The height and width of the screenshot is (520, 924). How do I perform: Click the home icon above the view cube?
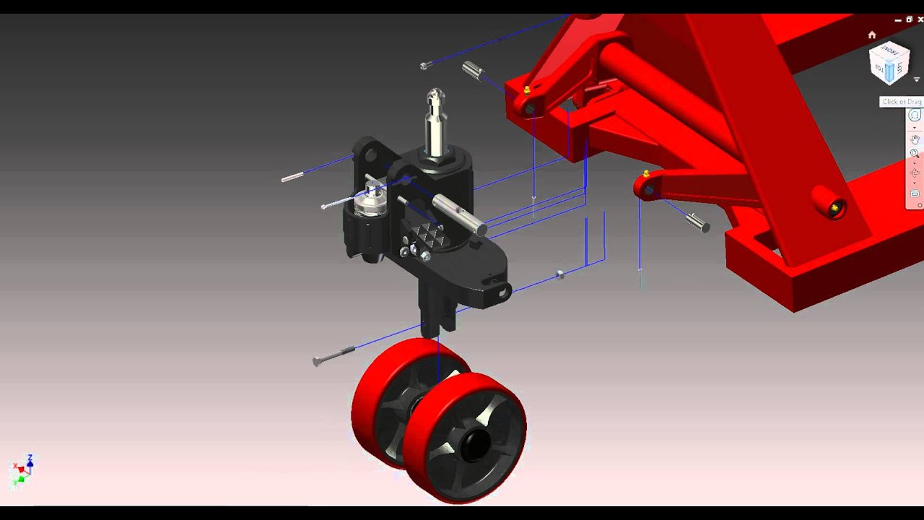(x=872, y=35)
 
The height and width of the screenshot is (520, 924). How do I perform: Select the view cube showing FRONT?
(x=889, y=64)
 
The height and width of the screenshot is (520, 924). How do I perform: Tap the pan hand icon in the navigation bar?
(x=915, y=139)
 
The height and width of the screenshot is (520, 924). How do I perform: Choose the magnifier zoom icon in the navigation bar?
(x=915, y=154)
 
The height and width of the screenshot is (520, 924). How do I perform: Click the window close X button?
(x=920, y=19)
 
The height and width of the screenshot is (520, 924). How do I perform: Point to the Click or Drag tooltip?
(x=901, y=102)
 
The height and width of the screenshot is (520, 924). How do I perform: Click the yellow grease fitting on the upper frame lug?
(x=527, y=90)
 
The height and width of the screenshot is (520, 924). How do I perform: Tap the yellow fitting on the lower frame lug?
(x=646, y=174)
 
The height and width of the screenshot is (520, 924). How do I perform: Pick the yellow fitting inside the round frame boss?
(x=834, y=209)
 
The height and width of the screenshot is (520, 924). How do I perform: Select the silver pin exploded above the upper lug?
(x=472, y=70)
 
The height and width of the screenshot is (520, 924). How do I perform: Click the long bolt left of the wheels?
(x=333, y=355)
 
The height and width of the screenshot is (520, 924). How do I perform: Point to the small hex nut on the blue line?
(x=560, y=274)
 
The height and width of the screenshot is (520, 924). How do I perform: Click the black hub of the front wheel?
(x=473, y=445)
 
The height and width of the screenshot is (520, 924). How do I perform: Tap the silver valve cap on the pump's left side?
(x=372, y=200)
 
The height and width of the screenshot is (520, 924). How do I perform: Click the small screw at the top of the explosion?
(x=425, y=66)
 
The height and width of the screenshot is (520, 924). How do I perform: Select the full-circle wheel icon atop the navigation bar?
(x=915, y=116)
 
